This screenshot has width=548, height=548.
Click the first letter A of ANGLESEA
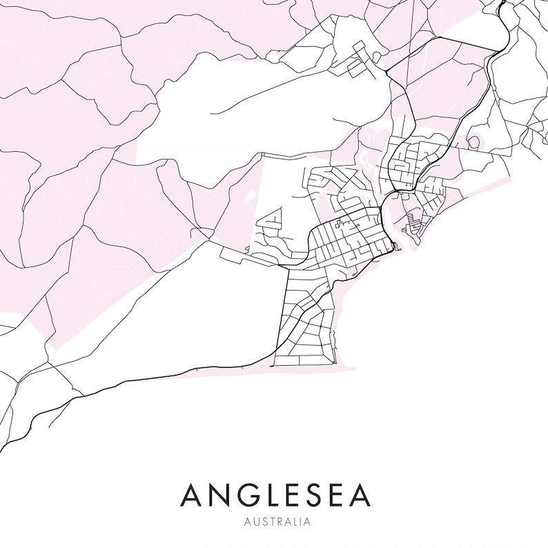[x=193, y=496]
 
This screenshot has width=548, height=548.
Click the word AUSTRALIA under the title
[x=274, y=522]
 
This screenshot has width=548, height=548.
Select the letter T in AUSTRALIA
[x=271, y=522]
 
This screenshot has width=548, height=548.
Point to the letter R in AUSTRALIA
[x=278, y=522]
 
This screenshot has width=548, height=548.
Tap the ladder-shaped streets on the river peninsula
[x=413, y=222]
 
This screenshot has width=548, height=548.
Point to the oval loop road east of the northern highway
[x=473, y=142]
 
